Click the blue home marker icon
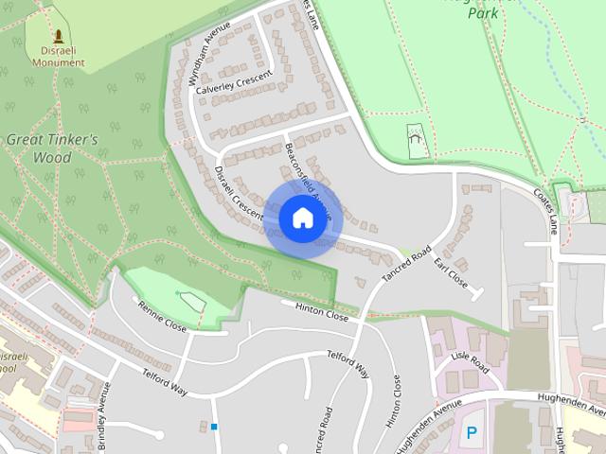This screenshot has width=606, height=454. click(x=301, y=218)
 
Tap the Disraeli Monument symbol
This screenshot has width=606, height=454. click(x=59, y=37)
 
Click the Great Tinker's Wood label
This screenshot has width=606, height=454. click(x=52, y=148)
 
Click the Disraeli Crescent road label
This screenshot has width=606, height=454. click(x=238, y=196)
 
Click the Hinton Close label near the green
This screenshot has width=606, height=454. click(x=322, y=311)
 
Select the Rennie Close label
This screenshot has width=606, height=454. click(x=162, y=316)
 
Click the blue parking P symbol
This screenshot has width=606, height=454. click(x=472, y=433)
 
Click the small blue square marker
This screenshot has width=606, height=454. click(x=214, y=427)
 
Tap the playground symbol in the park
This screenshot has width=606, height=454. click(x=415, y=140)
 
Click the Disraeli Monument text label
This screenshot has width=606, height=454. click(x=59, y=57)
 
